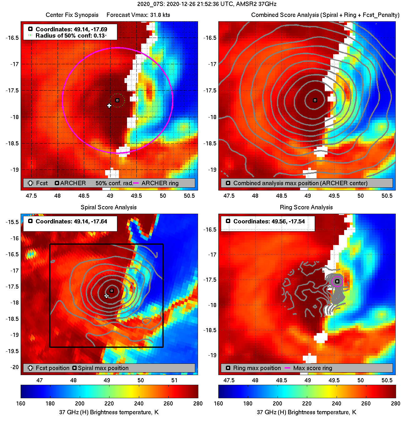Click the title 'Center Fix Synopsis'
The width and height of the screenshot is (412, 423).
coord(72,15)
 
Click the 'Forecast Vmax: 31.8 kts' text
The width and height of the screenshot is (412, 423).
coord(138,15)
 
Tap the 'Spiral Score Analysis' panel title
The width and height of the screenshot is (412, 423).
coord(109,207)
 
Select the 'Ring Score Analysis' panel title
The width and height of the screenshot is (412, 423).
coord(306,207)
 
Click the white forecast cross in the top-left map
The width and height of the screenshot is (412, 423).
coord(109,106)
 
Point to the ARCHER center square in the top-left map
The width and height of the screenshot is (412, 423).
coord(117,100)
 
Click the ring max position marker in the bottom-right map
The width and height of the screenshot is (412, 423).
coord(337,281)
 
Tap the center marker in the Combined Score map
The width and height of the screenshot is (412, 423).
coord(315,100)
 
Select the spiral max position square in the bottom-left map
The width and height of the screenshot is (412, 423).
coord(112,291)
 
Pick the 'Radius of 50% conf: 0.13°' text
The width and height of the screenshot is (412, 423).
coord(71,36)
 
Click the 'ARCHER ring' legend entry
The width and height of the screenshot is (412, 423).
coord(160,183)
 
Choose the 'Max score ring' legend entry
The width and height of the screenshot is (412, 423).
coord(313,368)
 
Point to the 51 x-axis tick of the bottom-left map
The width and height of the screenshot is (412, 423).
coord(175,380)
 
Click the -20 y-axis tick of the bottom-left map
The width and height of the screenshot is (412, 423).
coord(14,367)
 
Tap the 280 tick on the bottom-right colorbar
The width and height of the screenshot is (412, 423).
coord(395,404)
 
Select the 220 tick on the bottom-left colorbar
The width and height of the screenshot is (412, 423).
coord(109,404)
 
